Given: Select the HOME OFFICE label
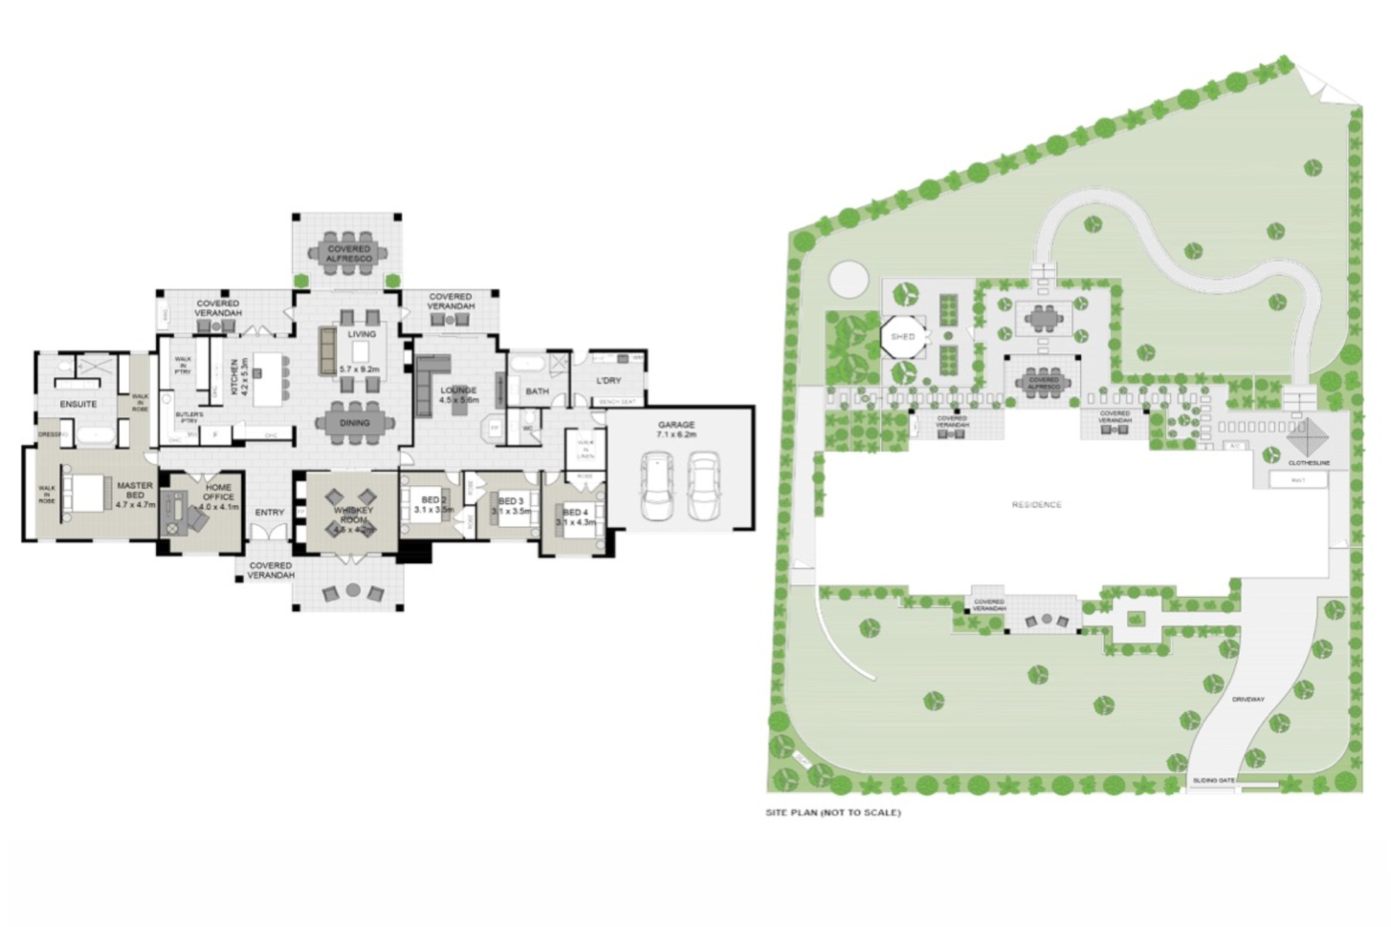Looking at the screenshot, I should click(218, 493).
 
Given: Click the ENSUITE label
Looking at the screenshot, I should click(79, 404).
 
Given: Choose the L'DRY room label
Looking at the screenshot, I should click(609, 380).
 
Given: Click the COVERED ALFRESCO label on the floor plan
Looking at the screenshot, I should click(349, 254).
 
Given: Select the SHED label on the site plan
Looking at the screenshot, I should click(903, 337).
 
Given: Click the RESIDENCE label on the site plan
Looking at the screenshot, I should click(1036, 504).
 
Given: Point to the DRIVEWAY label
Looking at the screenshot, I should click(1248, 699).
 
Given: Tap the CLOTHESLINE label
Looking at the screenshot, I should click(1309, 463).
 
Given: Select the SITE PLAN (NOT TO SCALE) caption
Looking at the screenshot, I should click(833, 813).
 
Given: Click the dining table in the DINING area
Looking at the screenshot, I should click(355, 423).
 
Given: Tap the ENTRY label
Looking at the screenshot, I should click(270, 512).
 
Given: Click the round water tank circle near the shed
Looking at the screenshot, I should click(849, 278).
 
